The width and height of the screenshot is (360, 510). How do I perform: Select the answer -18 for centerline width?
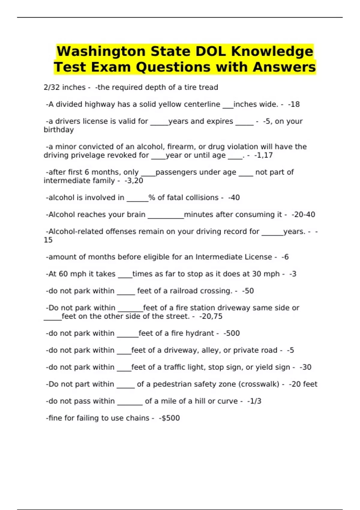[294, 104]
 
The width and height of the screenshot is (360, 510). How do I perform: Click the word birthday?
[58, 130]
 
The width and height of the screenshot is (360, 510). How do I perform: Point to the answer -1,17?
[263, 155]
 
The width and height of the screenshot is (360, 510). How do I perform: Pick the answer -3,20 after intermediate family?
[133, 181]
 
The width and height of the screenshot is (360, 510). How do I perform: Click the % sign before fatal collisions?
[152, 198]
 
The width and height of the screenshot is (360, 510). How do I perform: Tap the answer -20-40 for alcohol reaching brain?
[303, 214]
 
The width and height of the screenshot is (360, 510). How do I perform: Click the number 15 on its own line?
[48, 240]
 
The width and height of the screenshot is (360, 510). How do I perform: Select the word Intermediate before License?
[219, 257]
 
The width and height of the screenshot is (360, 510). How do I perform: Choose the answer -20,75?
[211, 316]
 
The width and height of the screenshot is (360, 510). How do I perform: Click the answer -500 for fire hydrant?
[232, 333]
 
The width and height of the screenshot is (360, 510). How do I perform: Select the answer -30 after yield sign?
[305, 367]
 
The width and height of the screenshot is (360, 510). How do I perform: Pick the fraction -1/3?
[254, 401]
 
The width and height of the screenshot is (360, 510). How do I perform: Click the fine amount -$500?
[169, 418]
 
